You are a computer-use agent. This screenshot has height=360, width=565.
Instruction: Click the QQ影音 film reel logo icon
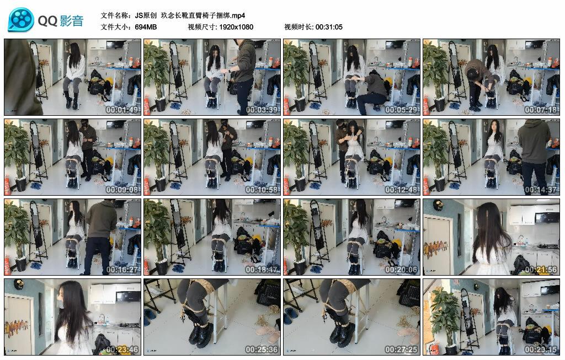pyautogui.click(x=21, y=20)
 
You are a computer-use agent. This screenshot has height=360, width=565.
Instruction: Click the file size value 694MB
pyautogui.click(x=146, y=27)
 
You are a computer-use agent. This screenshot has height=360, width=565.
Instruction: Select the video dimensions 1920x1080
pyautogui.click(x=236, y=27)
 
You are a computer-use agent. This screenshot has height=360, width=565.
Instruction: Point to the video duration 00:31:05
pyautogui.click(x=329, y=27)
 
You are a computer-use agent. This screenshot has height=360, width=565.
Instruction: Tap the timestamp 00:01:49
pyautogui.click(x=122, y=110)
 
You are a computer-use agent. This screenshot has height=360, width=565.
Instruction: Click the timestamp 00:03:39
pyautogui.click(x=262, y=110)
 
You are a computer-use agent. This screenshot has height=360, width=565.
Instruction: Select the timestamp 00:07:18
pyautogui.click(x=541, y=110)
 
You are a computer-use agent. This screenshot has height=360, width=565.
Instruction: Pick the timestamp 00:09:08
pyautogui.click(x=122, y=189)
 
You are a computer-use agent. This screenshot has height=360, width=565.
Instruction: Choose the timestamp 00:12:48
pyautogui.click(x=401, y=189)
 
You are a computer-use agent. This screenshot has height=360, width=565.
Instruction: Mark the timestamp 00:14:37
pyautogui.click(x=541, y=189)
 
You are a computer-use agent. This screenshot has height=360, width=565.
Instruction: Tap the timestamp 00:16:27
pyautogui.click(x=122, y=269)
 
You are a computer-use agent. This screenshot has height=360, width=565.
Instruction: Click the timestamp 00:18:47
pyautogui.click(x=262, y=269)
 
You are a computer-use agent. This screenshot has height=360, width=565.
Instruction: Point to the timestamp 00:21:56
pyautogui.click(x=541, y=269)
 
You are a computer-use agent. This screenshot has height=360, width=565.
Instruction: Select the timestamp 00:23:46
pyautogui.click(x=122, y=349)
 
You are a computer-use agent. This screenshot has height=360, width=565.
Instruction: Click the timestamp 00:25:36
pyautogui.click(x=262, y=349)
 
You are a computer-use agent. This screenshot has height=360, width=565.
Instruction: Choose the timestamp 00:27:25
pyautogui.click(x=401, y=349)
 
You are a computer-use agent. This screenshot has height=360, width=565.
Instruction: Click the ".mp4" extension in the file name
pyautogui.click(x=238, y=15)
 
